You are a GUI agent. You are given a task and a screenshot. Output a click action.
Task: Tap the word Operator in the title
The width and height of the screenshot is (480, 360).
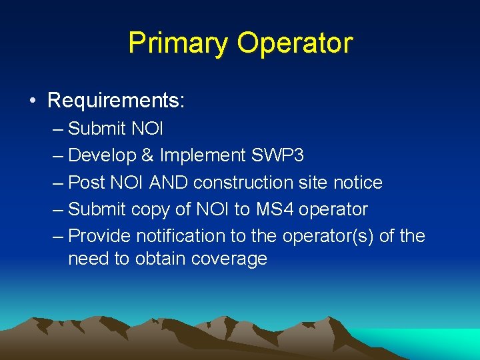[x=294, y=43]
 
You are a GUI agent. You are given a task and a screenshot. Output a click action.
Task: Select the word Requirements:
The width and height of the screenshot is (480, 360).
[x=116, y=101]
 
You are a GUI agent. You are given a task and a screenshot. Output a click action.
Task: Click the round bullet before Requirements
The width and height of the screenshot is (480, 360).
[x=33, y=101]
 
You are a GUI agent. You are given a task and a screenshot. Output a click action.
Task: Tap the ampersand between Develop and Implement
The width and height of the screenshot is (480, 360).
[x=148, y=155]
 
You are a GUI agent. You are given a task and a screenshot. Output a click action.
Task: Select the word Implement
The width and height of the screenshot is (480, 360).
[x=202, y=155]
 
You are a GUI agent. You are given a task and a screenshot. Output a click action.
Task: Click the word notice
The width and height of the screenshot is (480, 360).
[x=358, y=182]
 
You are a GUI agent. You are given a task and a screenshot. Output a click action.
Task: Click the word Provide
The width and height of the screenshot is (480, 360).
[x=99, y=236]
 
